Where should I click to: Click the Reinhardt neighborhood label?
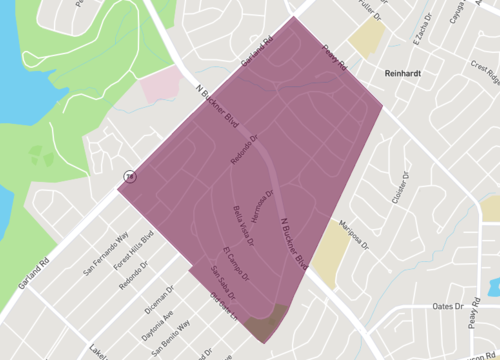[408, 73]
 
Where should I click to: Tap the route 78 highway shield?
[128, 177]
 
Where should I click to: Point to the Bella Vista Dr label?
[243, 226]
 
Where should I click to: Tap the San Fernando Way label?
[106, 255]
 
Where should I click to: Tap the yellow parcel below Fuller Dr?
[368, 37]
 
